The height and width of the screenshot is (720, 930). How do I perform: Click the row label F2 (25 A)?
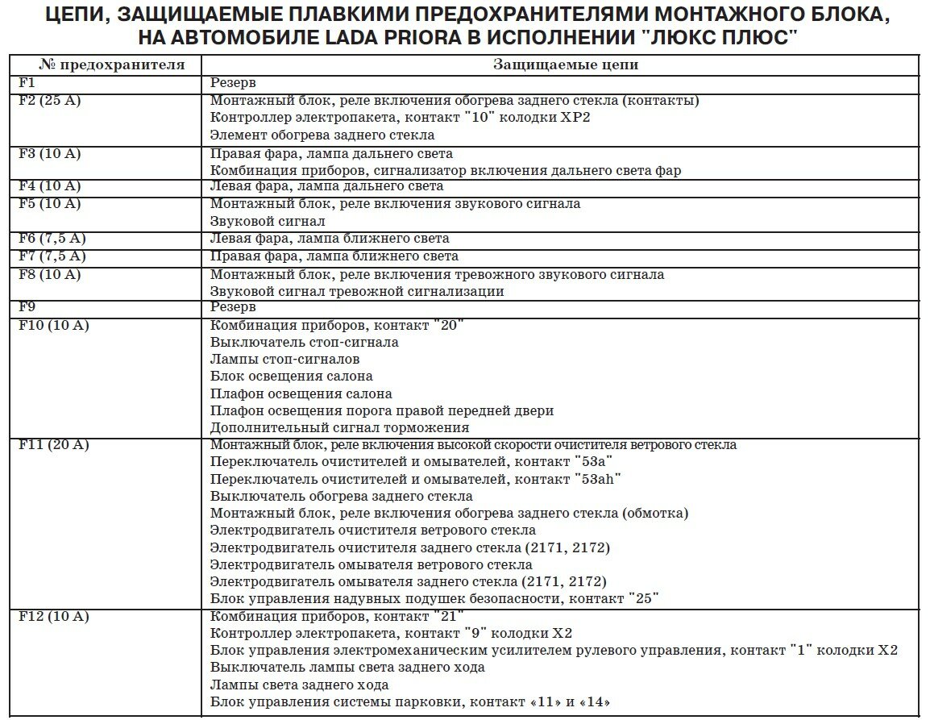pos(49,101)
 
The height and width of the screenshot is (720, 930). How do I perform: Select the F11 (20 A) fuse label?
pos(53,445)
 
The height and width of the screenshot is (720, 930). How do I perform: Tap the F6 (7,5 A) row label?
pos(52,239)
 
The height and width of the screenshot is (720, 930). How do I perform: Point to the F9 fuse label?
pos(27,307)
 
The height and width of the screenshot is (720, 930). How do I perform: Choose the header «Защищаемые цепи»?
pos(559,65)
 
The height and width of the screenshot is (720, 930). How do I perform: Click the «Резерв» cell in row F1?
pos(233,83)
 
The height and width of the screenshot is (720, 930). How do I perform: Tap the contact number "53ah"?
pos(597,479)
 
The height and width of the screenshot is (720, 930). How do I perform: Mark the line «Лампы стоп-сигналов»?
pos(284,359)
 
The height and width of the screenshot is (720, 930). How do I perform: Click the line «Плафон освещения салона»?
pos(301,393)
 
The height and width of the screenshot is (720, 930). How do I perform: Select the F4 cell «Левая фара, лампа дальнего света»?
pos(326,186)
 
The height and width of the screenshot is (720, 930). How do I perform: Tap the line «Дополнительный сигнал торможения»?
pos(339,428)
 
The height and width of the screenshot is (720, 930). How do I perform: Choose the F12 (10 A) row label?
pos(53,617)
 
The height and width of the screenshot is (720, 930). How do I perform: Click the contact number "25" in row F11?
pos(641,598)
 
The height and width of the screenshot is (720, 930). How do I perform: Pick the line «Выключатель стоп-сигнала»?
pos(304,342)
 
